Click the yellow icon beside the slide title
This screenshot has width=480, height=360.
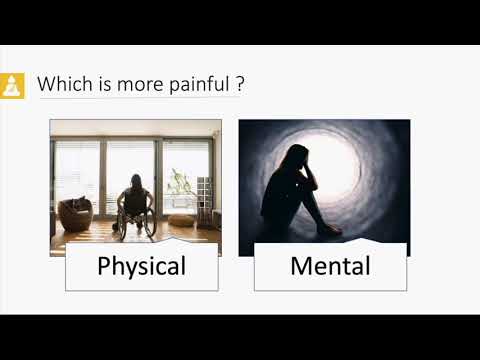(x=13, y=85)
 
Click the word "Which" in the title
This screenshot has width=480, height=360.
(x=61, y=85)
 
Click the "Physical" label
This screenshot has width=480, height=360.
(x=141, y=267)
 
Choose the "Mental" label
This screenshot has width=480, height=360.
(x=330, y=267)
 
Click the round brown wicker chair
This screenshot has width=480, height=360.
(x=75, y=214)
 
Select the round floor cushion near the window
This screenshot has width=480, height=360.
(x=181, y=219)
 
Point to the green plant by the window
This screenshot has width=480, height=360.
(x=179, y=185)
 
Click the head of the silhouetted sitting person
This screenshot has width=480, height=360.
(x=299, y=158)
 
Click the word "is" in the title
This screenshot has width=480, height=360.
(x=98, y=85)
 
